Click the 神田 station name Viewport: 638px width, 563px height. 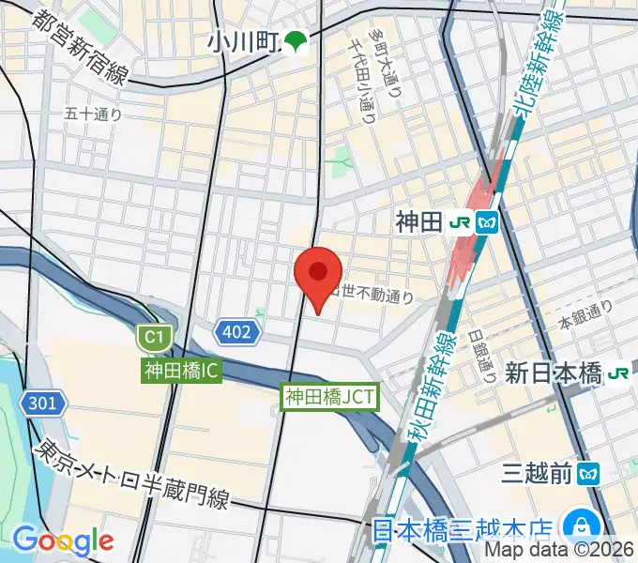(418, 222)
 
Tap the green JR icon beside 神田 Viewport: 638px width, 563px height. (461, 222)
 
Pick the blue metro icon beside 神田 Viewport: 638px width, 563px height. (488, 222)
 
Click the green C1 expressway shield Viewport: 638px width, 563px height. (152, 337)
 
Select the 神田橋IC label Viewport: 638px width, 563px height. (182, 371)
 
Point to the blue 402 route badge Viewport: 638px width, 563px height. (236, 330)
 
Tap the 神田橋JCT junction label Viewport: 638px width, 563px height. (330, 397)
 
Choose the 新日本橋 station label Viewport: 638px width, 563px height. (553, 373)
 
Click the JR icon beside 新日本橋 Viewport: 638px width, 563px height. (617, 373)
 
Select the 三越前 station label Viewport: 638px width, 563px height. (536, 473)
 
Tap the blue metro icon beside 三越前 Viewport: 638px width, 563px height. (588, 473)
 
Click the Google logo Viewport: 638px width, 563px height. (62, 540)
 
